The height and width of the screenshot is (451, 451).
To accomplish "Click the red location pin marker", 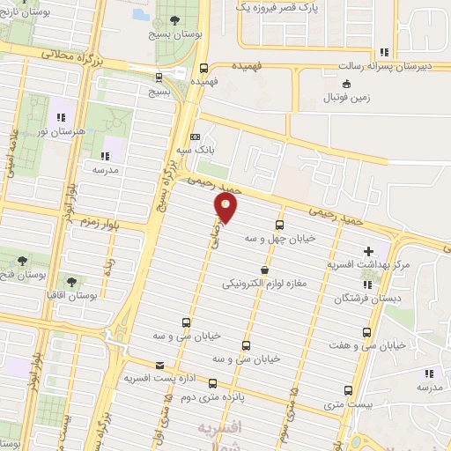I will (x=227, y=209).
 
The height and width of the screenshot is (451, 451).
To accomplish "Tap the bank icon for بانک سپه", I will (x=196, y=137).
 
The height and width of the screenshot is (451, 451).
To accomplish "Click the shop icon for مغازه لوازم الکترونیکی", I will (x=263, y=270).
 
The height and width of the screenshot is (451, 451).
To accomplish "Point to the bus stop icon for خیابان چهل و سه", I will (x=280, y=225).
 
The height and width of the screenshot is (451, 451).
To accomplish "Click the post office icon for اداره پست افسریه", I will (x=159, y=365).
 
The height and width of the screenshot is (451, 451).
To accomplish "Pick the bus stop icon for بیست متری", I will (x=348, y=389).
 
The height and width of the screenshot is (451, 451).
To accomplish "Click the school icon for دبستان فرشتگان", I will (x=368, y=285).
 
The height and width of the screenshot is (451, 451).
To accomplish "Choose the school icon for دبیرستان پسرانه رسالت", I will (x=382, y=53).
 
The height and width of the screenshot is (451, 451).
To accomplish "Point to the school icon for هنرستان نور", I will (x=62, y=116).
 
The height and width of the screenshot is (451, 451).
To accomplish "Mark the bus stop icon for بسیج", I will (x=159, y=77).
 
